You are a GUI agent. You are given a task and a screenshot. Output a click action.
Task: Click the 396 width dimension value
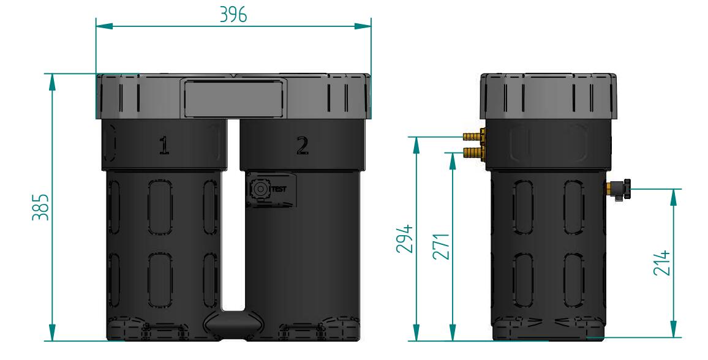point(233,15)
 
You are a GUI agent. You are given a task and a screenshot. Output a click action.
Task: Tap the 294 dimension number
point(405,239)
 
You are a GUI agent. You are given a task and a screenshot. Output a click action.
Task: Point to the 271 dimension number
point(441,246)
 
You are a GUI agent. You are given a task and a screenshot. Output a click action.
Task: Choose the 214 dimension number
point(662,263)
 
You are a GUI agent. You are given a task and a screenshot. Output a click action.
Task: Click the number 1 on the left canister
point(164,146)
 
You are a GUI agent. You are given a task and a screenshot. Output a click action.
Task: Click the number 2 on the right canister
point(303,146)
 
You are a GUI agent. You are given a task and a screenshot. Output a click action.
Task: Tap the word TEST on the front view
point(279,189)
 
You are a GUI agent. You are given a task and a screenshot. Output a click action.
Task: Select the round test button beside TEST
point(259,189)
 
